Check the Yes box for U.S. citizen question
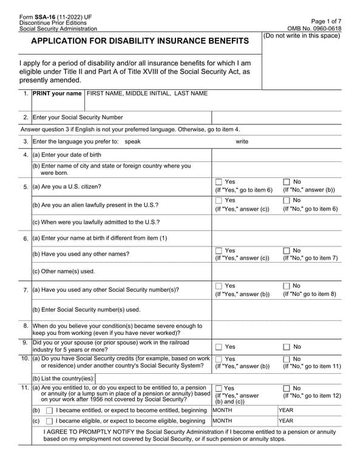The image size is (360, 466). tap(219, 182)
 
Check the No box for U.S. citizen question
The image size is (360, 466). tap(287, 182)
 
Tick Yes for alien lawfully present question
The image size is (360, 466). tap(219, 201)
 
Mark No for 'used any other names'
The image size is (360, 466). tap(287, 251)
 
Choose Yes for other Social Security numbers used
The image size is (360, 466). tap(219, 286)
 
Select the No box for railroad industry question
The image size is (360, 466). tap(287, 347)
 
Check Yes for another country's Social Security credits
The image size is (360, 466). tap(219, 359)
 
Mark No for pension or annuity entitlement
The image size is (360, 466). tap(287, 388)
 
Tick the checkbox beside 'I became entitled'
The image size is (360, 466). tap(49, 411)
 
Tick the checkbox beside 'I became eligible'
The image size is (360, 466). tap(49, 421)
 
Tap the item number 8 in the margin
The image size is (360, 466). tap(26, 326)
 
